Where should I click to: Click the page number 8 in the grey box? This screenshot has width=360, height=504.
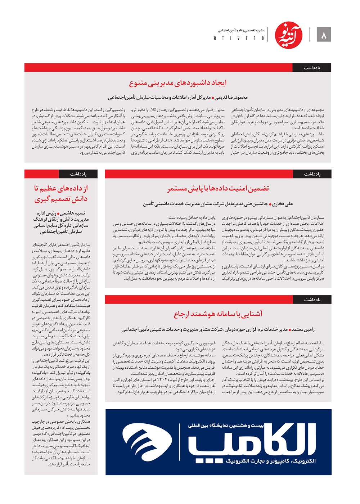click(x=324, y=35)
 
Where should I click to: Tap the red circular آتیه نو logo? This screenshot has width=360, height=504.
click(x=289, y=35)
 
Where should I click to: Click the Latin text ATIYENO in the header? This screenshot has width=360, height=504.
click(x=239, y=38)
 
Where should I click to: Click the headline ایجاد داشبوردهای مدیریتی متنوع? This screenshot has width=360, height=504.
click(x=178, y=83)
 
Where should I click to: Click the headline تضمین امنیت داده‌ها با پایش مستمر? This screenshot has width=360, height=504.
click(x=218, y=189)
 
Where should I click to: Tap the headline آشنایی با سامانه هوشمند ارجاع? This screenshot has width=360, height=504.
click(x=218, y=314)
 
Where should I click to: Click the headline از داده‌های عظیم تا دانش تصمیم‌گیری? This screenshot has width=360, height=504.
click(x=61, y=193)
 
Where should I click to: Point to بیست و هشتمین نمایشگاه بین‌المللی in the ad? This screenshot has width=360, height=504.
click(x=226, y=426)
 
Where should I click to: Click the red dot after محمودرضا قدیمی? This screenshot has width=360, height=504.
click(x=213, y=98)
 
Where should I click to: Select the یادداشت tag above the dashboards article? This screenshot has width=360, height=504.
click(x=312, y=68)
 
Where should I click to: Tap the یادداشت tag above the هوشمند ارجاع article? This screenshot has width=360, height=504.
click(x=312, y=300)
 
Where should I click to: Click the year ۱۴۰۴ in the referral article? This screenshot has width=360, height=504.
click(x=158, y=380)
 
